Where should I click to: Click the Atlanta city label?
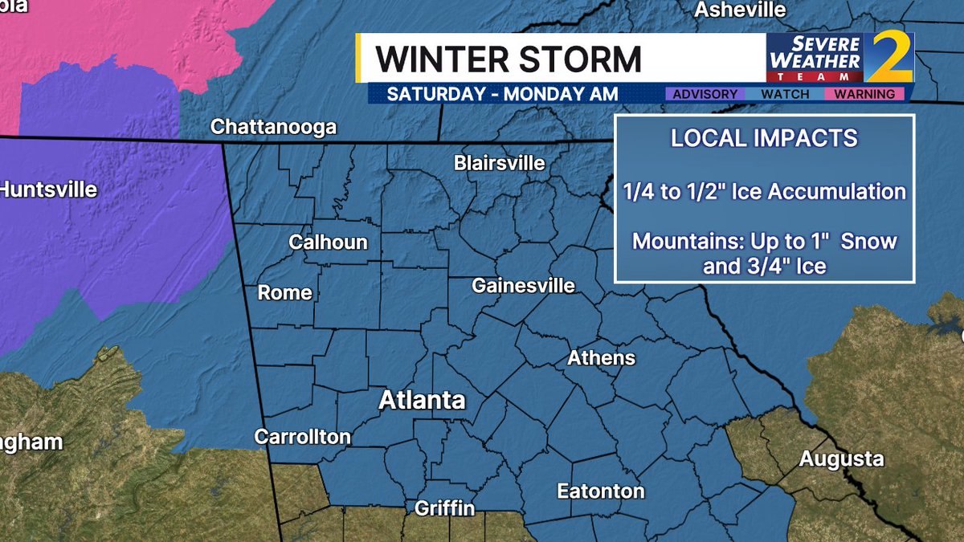pos(422,400)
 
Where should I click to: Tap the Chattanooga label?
pos(273,128)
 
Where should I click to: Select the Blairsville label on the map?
pos(499,164)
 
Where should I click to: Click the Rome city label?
pos(284,293)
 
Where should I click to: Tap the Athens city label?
pos(601,358)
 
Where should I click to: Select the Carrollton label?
pos(302,437)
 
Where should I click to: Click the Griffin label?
pos(444,508)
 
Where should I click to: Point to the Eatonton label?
pos(601,491)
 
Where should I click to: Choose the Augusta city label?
pos(841,459)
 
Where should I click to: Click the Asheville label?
pos(740,10)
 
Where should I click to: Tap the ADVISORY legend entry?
pos(705,95)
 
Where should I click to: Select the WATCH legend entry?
pos(785,95)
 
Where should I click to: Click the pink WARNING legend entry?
pos(864,95)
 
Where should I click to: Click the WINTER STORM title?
pos(509,59)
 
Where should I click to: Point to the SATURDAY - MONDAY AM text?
pos(502,94)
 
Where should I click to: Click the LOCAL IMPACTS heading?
pos(764,138)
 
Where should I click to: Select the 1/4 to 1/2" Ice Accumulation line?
pos(764,192)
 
